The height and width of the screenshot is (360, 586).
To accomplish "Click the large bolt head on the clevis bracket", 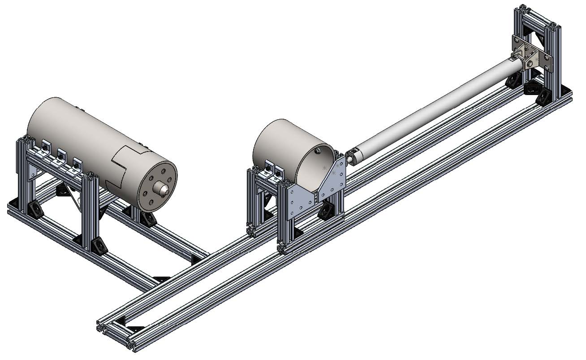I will click(530, 64).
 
